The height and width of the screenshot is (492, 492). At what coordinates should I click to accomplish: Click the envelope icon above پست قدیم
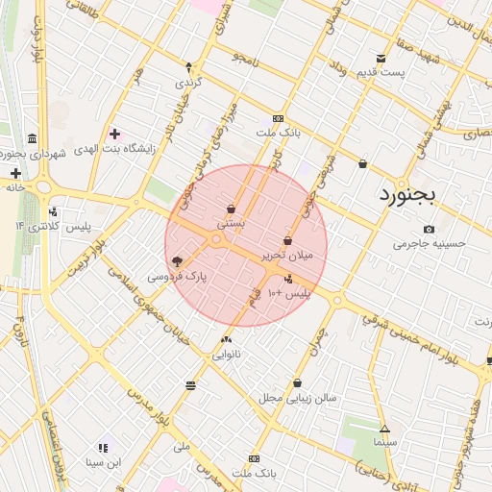381,59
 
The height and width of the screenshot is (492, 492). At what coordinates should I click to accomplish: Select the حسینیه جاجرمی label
429,243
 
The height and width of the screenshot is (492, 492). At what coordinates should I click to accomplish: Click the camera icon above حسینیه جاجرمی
429,229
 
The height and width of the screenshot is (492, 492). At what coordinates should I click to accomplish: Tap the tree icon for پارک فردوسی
177,260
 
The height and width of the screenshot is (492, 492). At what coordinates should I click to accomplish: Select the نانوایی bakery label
227,354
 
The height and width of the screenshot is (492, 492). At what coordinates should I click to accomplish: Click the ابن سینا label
103,462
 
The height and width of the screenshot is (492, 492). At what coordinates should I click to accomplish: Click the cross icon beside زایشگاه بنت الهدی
114,134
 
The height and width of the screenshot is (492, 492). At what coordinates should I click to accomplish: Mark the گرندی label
188,82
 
